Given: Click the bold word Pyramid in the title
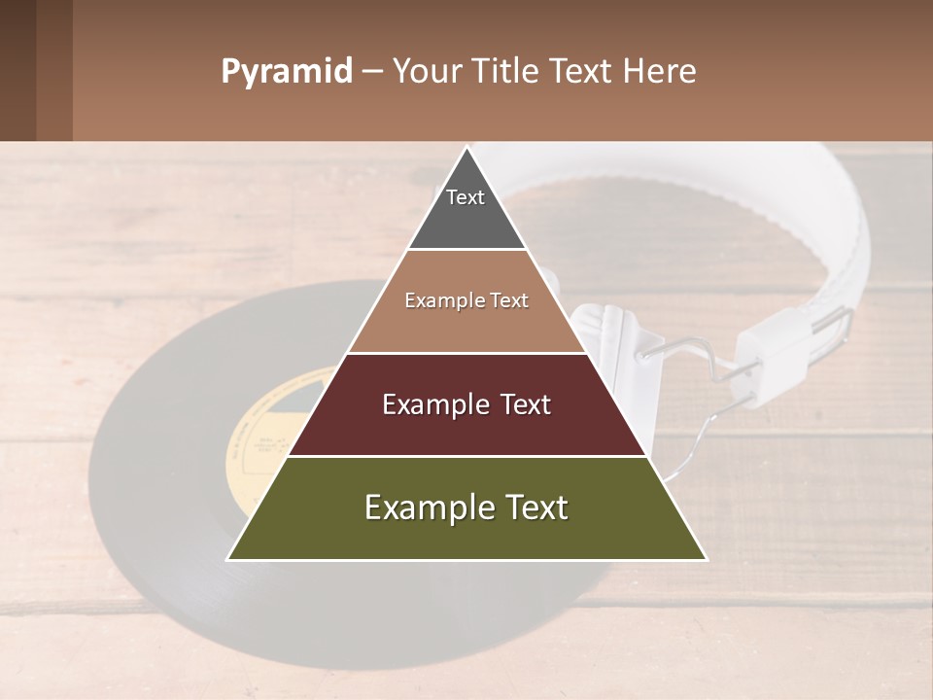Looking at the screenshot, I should point(287,71).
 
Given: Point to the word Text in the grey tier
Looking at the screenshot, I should point(466,197).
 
